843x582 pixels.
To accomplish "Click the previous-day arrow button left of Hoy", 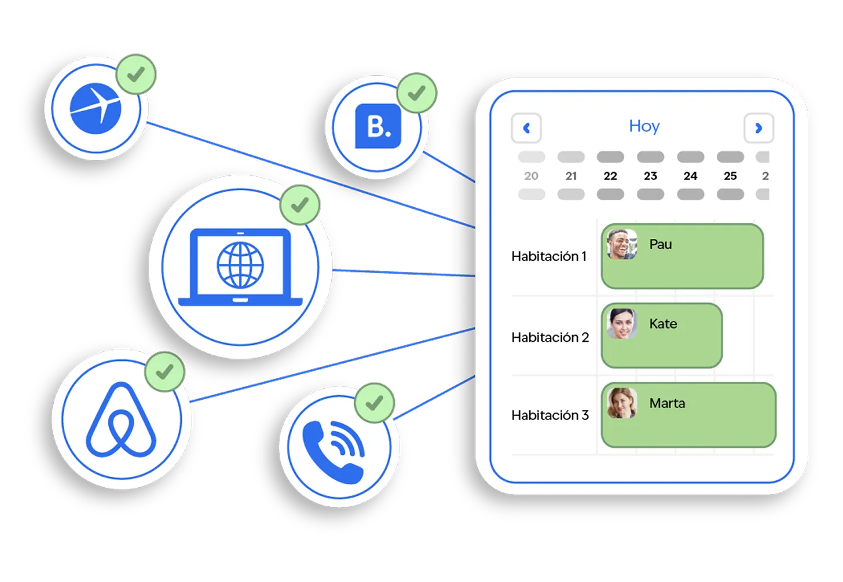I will pyautogui.click(x=526, y=128).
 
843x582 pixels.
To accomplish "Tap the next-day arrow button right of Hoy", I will pyautogui.click(x=758, y=128).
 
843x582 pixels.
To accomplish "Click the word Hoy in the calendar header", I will pyautogui.click(x=644, y=126).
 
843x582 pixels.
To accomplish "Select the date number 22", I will pyautogui.click(x=610, y=176).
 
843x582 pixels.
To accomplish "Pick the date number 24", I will pyautogui.click(x=690, y=176).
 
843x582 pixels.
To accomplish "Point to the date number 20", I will pyautogui.click(x=531, y=176).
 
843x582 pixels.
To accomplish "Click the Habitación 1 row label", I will pyautogui.click(x=549, y=256).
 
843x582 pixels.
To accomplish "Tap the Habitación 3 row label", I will pyautogui.click(x=550, y=415).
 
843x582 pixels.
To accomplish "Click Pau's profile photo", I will pyautogui.click(x=622, y=244).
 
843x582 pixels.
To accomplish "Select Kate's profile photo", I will pyautogui.click(x=622, y=323).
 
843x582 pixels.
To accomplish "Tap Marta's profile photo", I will pyautogui.click(x=622, y=403).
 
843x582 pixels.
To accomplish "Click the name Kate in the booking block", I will pyautogui.click(x=663, y=324).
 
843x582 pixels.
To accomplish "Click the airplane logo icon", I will pyautogui.click(x=96, y=108).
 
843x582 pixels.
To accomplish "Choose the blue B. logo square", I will pyautogui.click(x=378, y=126).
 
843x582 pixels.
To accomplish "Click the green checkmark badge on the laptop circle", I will pyautogui.click(x=299, y=205).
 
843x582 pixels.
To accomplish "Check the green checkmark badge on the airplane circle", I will pyautogui.click(x=136, y=74).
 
